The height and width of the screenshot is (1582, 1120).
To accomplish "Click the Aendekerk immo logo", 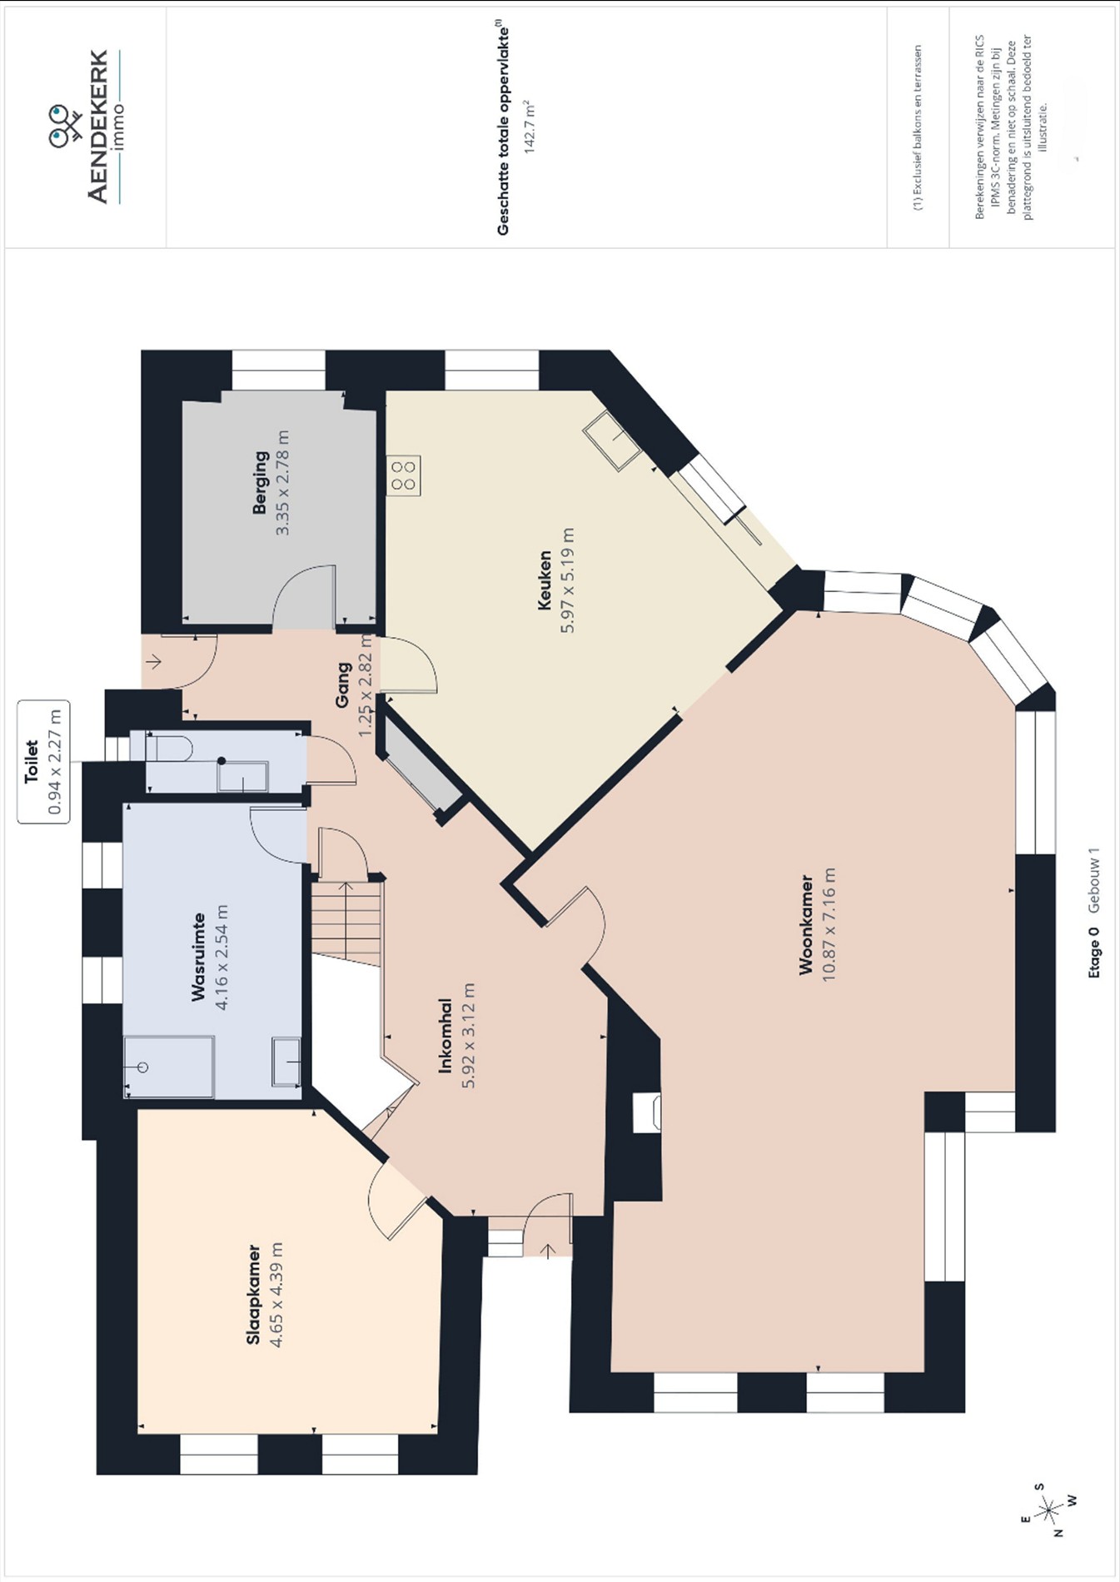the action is [x=87, y=127].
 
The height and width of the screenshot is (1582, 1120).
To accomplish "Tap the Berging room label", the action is [x=261, y=482].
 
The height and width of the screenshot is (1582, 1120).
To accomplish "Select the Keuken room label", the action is [x=545, y=580].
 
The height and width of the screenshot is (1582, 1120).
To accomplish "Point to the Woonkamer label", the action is [x=806, y=924].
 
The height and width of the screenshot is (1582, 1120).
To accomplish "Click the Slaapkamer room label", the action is [x=254, y=1295].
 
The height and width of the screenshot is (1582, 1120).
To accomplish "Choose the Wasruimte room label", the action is [x=199, y=957].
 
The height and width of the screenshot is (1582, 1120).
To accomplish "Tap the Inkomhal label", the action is [x=446, y=1036].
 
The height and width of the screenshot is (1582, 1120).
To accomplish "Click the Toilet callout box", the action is [x=43, y=762].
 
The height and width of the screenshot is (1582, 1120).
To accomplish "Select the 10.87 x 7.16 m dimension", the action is [x=829, y=924].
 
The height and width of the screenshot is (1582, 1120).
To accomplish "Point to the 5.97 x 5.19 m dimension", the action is [x=567, y=580].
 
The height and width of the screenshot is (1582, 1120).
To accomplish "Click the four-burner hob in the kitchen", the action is [x=404, y=475].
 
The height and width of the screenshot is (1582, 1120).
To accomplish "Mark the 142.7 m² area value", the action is [x=528, y=127].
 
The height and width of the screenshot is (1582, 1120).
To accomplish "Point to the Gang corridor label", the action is [x=342, y=684].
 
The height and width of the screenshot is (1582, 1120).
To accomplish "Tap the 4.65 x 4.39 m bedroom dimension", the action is [x=276, y=1295].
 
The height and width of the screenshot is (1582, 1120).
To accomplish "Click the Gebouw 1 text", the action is [x=1094, y=881].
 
